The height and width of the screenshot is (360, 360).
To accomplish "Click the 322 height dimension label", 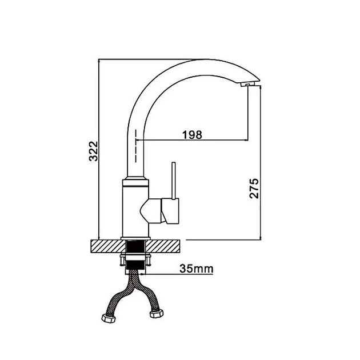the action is coord(94,151).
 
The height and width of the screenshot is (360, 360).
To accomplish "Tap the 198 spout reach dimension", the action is coord(192,135).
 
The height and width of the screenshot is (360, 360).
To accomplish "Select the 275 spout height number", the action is coord(254,188).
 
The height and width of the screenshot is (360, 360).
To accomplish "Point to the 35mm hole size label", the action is coord(197,268).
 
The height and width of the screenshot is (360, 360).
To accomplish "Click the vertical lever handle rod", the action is coord(174,181).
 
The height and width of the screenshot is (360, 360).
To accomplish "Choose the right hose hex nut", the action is coord(157,313).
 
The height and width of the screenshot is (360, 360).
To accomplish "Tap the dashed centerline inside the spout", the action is coord(136,146).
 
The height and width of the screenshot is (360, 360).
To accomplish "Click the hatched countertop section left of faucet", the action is coord(107,246).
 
